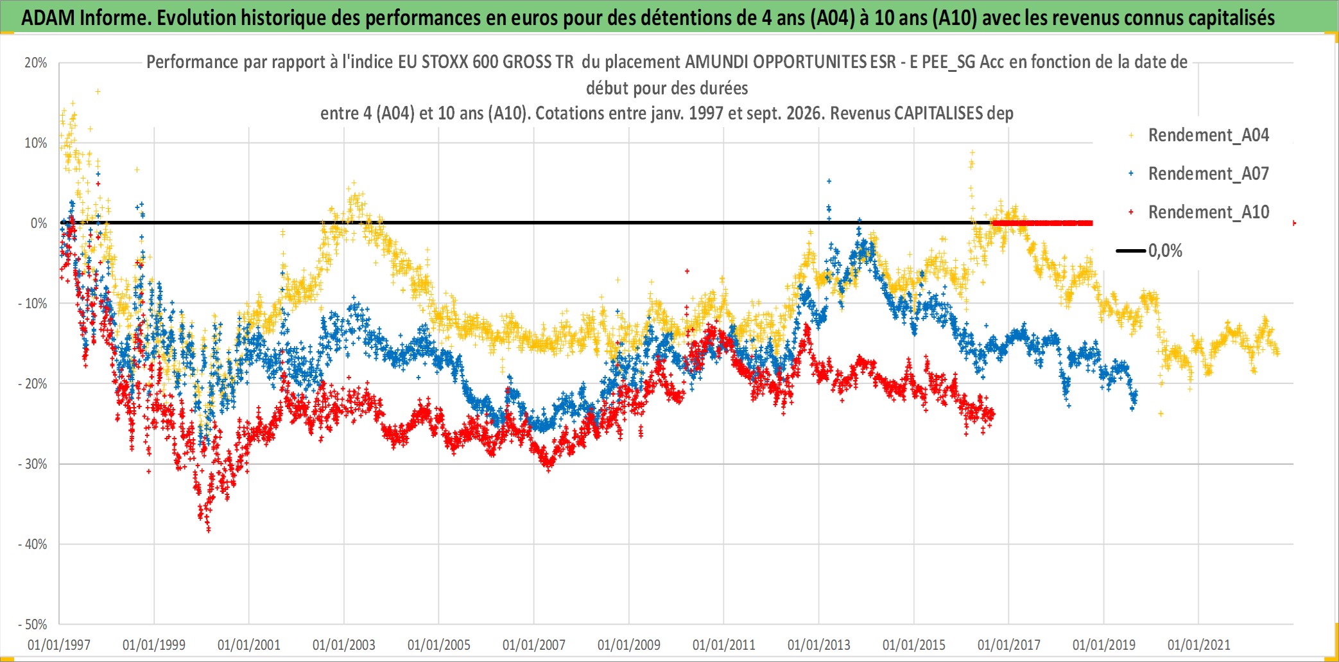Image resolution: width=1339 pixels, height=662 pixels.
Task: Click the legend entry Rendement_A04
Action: tap(1208, 135)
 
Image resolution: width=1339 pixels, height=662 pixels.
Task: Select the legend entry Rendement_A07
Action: tap(1208, 174)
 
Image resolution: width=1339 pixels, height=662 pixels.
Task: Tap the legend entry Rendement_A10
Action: tap(1208, 213)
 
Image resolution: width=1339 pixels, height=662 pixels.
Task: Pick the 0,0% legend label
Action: tap(1165, 251)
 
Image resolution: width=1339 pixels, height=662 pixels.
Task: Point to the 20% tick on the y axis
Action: tap(36, 63)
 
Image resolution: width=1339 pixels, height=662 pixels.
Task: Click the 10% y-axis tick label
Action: tap(36, 143)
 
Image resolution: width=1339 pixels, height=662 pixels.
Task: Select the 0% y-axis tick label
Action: tap(39, 223)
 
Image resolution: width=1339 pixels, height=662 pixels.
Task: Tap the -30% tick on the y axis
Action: tap(33, 464)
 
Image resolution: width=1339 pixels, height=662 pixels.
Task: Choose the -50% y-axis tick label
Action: tap(33, 625)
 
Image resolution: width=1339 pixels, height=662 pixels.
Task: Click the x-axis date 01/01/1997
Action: tap(59, 645)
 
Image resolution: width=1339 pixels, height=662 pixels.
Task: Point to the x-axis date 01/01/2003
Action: tap(344, 645)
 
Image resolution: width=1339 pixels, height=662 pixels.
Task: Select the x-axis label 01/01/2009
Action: tap(629, 645)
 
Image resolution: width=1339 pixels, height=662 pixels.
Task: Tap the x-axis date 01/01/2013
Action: tap(819, 645)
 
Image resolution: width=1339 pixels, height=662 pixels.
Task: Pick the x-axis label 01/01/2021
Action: tap(1199, 645)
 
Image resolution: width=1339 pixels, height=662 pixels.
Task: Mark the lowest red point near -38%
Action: tap(209, 530)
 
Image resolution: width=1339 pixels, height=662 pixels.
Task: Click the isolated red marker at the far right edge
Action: tap(1294, 223)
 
